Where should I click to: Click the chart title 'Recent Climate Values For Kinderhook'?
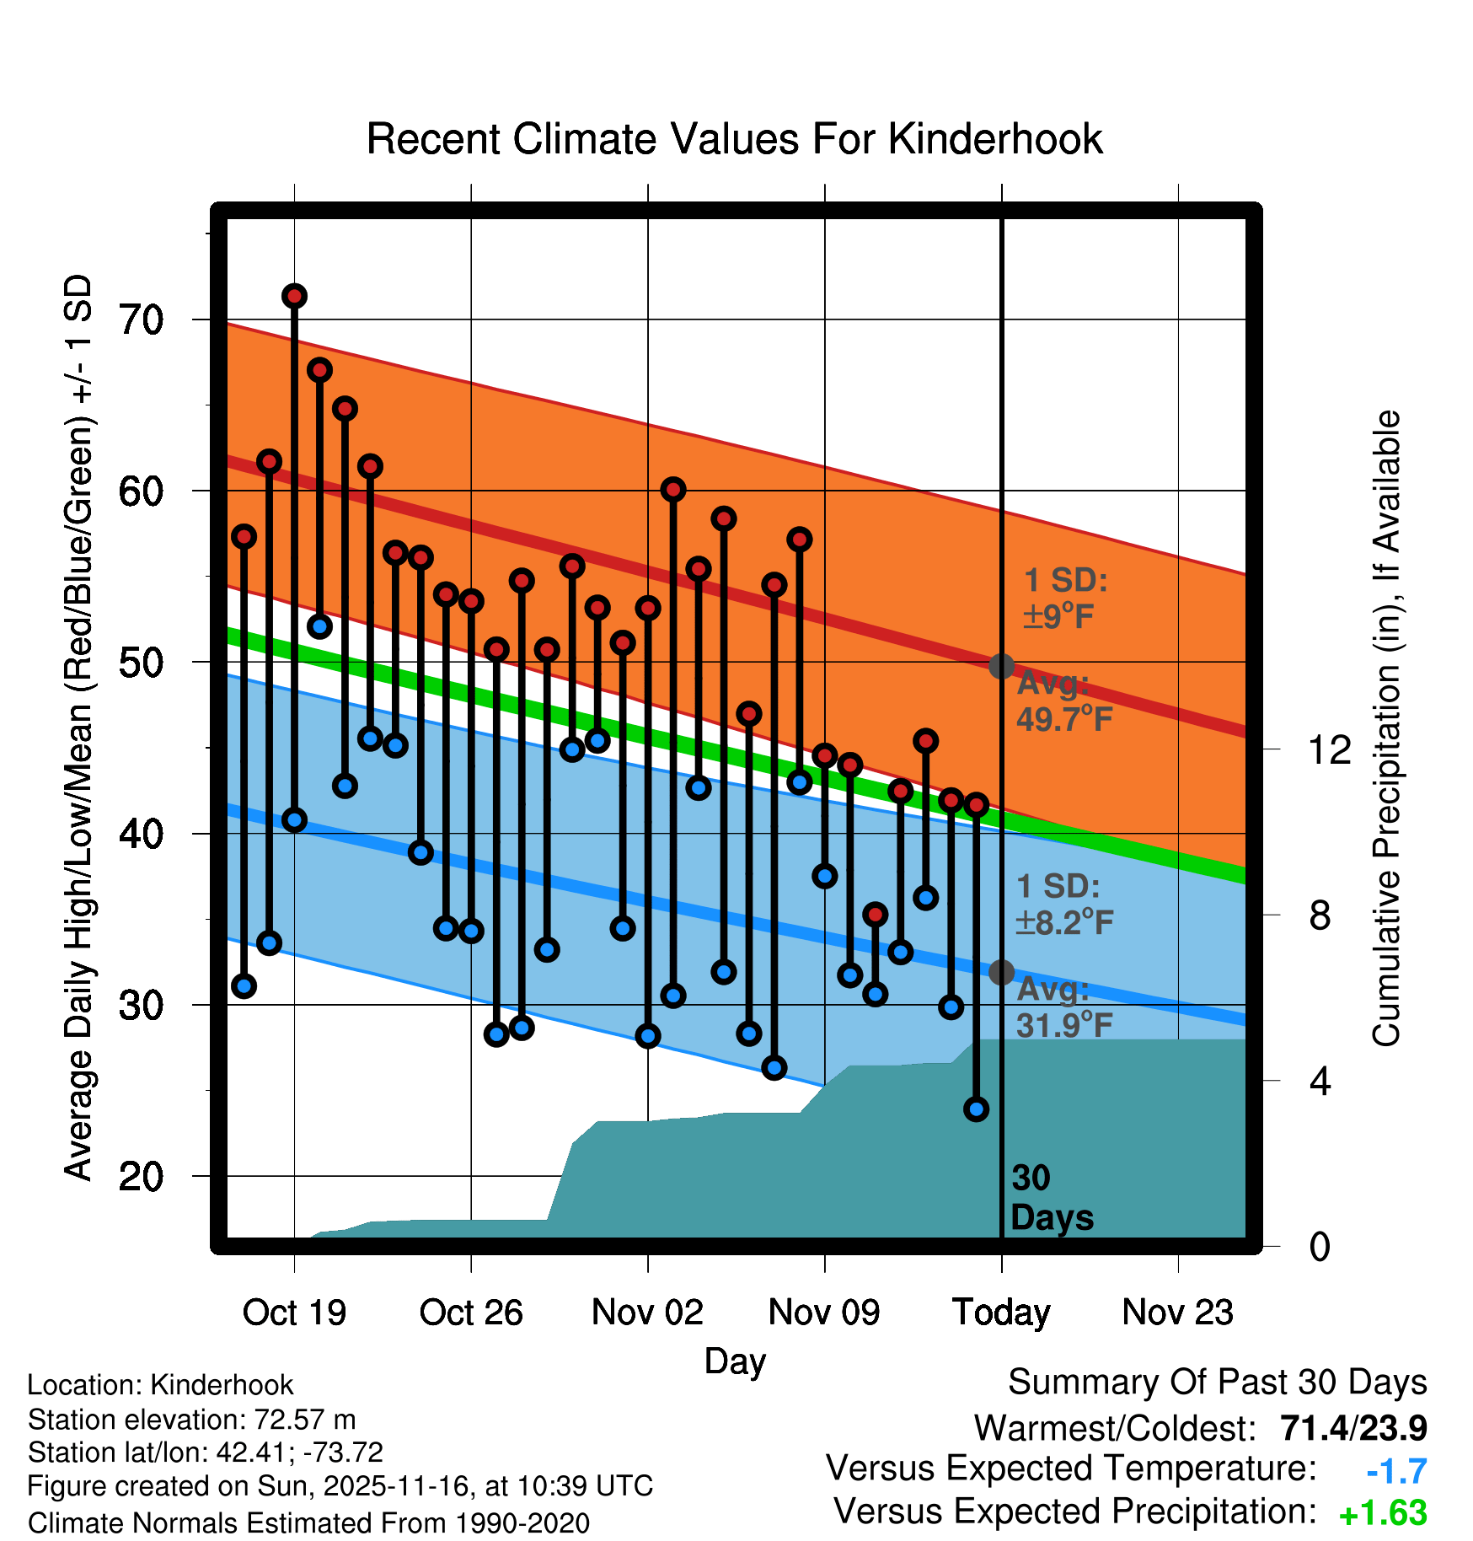(x=734, y=139)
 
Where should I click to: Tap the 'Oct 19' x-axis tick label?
(x=294, y=1312)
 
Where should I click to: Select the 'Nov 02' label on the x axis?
(x=647, y=1312)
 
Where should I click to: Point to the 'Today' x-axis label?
(x=1001, y=1312)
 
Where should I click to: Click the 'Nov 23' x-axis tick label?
(x=1177, y=1312)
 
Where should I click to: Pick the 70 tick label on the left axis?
(x=142, y=320)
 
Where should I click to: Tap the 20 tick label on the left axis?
(x=142, y=1177)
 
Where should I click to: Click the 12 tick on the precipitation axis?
(x=1329, y=749)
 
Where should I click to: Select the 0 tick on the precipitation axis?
(x=1320, y=1246)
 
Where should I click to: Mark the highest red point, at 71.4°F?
(x=294, y=296)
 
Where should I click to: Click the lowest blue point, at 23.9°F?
(x=976, y=1109)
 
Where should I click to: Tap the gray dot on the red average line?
(x=1001, y=666)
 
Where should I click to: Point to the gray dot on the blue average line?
(x=1001, y=972)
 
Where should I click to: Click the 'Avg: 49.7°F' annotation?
(x=1063, y=701)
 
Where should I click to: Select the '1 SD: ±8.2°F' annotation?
(x=1063, y=905)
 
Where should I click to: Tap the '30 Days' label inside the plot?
(x=1051, y=1198)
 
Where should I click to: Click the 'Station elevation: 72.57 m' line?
(x=191, y=1420)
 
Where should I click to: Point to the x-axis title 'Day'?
(x=735, y=1361)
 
